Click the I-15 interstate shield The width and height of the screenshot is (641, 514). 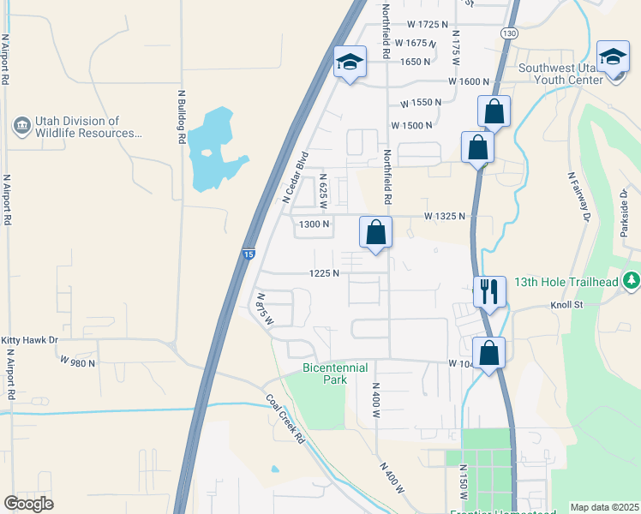[x=248, y=254]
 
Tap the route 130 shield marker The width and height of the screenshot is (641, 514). [x=509, y=33]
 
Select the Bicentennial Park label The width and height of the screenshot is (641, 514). [x=335, y=374]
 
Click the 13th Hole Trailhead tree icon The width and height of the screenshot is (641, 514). [x=632, y=281]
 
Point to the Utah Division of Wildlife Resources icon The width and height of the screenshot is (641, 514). [x=21, y=127]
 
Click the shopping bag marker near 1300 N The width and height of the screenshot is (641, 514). [x=375, y=231]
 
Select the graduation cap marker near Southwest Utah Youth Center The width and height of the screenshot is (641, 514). [x=613, y=57]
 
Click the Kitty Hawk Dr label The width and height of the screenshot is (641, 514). [x=29, y=340]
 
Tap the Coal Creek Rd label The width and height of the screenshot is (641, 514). [x=285, y=418]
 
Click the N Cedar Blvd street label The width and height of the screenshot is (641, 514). [x=295, y=177]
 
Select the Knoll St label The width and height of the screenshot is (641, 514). [x=566, y=304]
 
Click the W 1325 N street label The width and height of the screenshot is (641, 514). [x=446, y=217]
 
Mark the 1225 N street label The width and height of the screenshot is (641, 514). [x=325, y=274]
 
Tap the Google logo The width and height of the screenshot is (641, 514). [x=29, y=504]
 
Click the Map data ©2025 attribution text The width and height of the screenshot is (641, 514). [x=603, y=507]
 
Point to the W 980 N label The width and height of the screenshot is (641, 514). [x=76, y=362]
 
